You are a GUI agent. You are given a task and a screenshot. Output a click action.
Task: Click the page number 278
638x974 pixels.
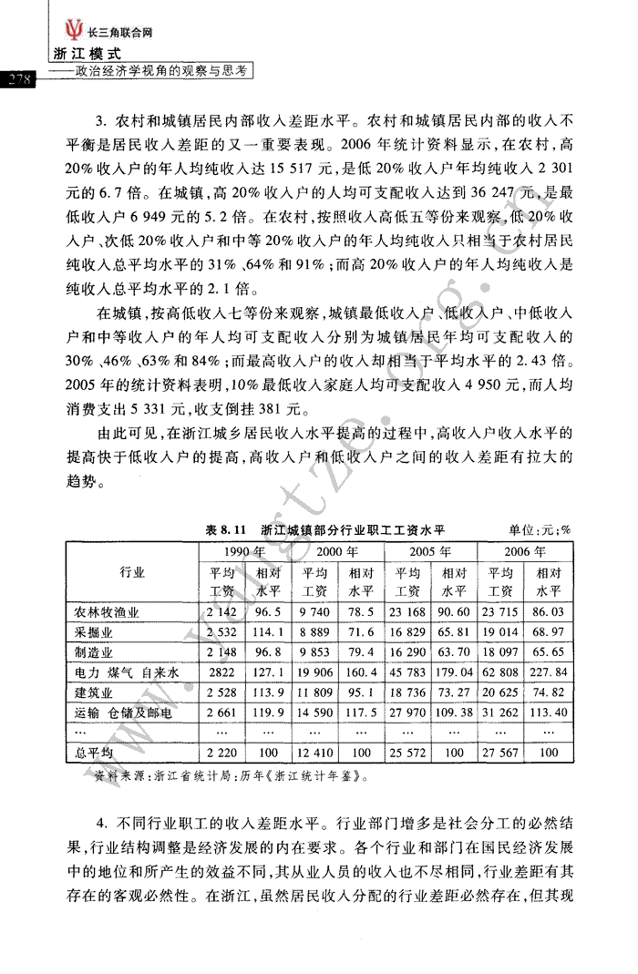coord(19,79)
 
